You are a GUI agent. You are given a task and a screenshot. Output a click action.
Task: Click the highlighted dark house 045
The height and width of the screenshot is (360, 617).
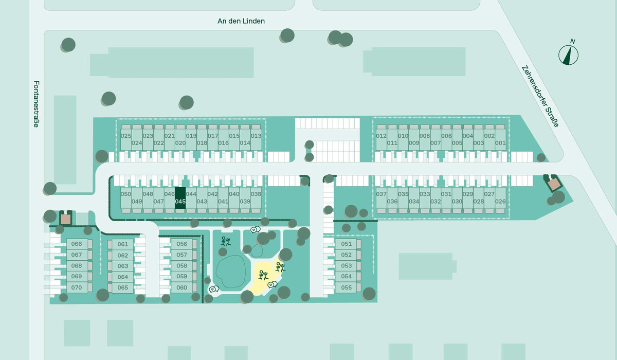pos(180,198)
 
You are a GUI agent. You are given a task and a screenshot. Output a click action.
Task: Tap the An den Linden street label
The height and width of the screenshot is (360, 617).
pos(241,21)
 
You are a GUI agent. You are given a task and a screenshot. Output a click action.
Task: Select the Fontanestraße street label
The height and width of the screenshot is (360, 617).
pos(37,104)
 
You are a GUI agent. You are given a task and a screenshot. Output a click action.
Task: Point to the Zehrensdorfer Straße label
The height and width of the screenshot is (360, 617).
pos(540,96)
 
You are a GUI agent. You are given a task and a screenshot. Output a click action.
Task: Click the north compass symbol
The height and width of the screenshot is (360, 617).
pos(569,54)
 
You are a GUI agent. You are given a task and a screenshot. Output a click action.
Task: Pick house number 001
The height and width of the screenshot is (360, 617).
pos(500,143)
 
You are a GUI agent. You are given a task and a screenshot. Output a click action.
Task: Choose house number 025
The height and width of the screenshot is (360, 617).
pos(126,136)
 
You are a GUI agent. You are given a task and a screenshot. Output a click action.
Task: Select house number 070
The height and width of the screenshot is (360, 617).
pos(77,287)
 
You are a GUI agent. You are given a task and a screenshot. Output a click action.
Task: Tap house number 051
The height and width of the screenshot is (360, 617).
pos(346,244)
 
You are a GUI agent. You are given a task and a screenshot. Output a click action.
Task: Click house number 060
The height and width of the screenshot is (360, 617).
pos(182,287)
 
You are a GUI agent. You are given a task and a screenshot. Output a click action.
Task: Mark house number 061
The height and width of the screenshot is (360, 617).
pos(123,244)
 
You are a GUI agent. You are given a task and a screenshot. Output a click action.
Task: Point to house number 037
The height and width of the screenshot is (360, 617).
pos(381,194)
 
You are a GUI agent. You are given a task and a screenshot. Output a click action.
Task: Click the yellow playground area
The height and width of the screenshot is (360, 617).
pos(264,276)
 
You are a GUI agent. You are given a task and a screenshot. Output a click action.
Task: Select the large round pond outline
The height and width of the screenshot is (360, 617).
pos(230,272)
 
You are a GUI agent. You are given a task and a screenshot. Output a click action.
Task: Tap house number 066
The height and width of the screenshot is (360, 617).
pos(77,244)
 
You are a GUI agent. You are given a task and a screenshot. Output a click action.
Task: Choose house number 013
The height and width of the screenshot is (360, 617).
pos(256,136)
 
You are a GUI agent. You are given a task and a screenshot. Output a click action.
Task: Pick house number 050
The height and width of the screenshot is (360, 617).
pos(126,194)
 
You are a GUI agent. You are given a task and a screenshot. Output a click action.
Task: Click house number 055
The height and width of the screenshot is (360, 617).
pos(346,287)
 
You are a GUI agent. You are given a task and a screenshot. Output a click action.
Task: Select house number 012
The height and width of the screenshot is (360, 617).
pos(381,136)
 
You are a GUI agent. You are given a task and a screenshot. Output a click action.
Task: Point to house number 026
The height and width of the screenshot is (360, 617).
pos(500,202)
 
